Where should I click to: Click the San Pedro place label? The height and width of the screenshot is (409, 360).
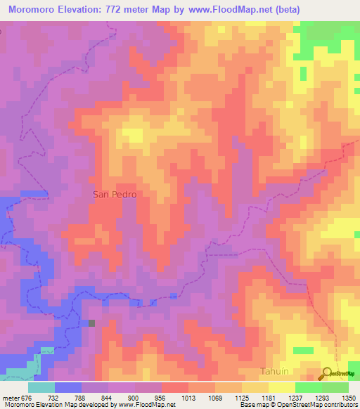coord(113,195)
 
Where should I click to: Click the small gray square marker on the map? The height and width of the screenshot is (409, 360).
coord(91,323)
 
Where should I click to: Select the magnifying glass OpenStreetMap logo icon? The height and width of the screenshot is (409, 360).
coord(327,374)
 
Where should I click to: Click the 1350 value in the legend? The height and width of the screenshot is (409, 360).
coord(349,397)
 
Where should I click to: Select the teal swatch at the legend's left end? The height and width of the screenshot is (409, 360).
coord(41,387)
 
